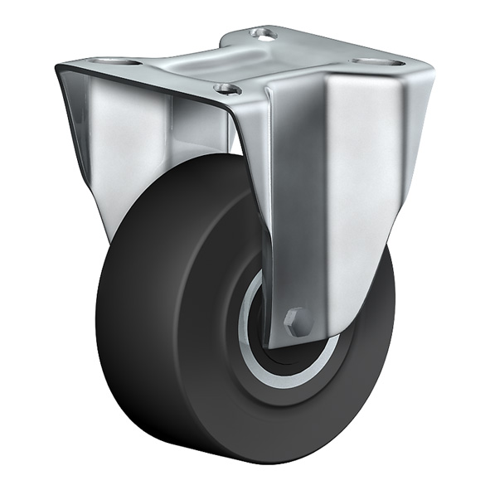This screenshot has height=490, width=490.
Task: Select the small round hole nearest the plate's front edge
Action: click(226, 88)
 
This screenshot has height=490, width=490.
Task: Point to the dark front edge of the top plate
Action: click(141, 86)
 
